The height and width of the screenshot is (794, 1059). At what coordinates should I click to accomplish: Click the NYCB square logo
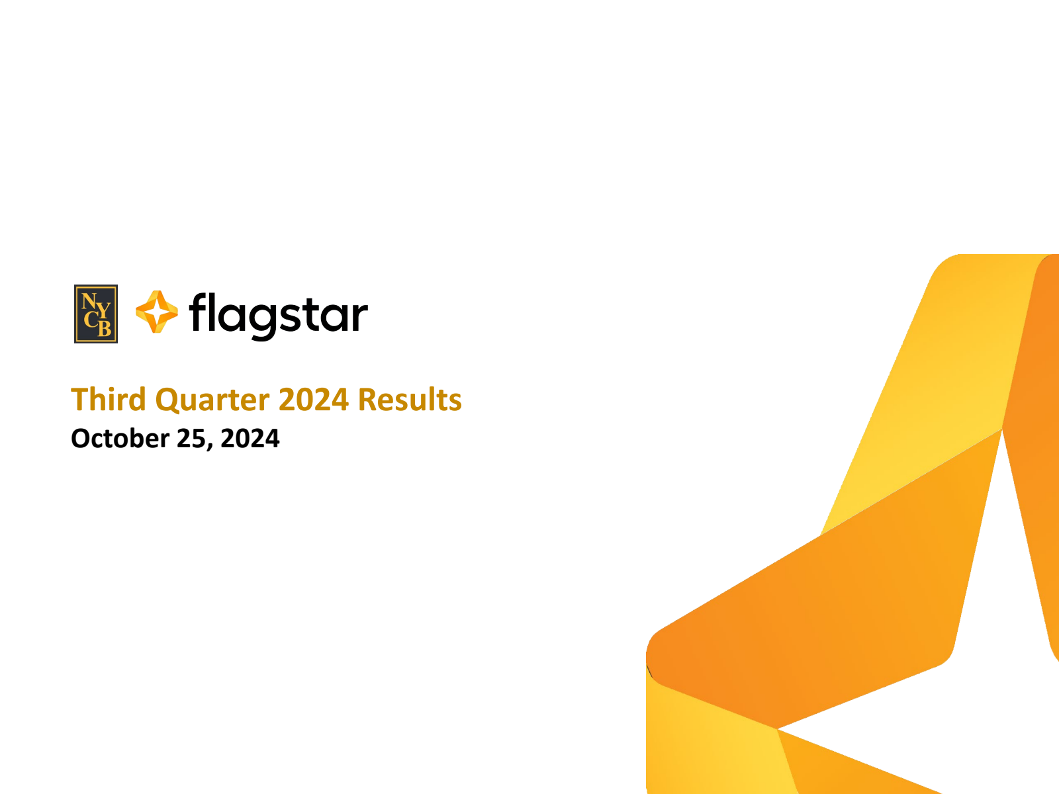95,314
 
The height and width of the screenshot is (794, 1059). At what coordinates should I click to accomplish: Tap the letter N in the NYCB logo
89,301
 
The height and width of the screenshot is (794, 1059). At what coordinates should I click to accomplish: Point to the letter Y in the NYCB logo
104,311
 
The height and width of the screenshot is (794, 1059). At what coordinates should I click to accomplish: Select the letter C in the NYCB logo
91,319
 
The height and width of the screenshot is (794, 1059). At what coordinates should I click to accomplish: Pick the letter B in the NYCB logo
105,328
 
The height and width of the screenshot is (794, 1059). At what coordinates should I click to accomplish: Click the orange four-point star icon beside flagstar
157,312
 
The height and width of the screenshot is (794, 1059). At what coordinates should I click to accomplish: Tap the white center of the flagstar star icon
156,312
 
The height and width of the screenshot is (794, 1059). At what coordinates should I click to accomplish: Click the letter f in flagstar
199,312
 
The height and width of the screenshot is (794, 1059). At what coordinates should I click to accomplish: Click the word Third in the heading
109,399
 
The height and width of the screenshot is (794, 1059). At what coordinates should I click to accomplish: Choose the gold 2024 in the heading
314,399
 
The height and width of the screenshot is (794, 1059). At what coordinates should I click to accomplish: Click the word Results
410,399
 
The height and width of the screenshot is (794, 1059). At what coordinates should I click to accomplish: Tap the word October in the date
120,438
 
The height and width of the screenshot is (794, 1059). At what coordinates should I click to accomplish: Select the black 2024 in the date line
250,439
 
